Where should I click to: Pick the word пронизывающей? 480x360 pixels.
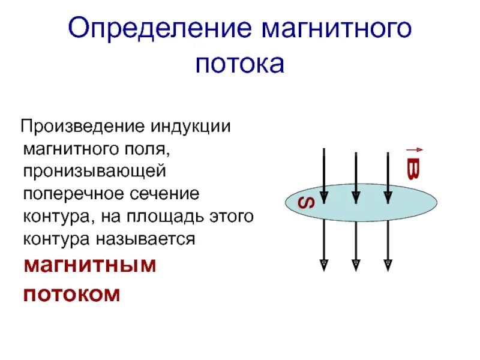(94, 172)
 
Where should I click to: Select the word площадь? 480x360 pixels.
(168, 217)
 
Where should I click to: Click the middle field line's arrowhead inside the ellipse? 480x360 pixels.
(356, 197)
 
